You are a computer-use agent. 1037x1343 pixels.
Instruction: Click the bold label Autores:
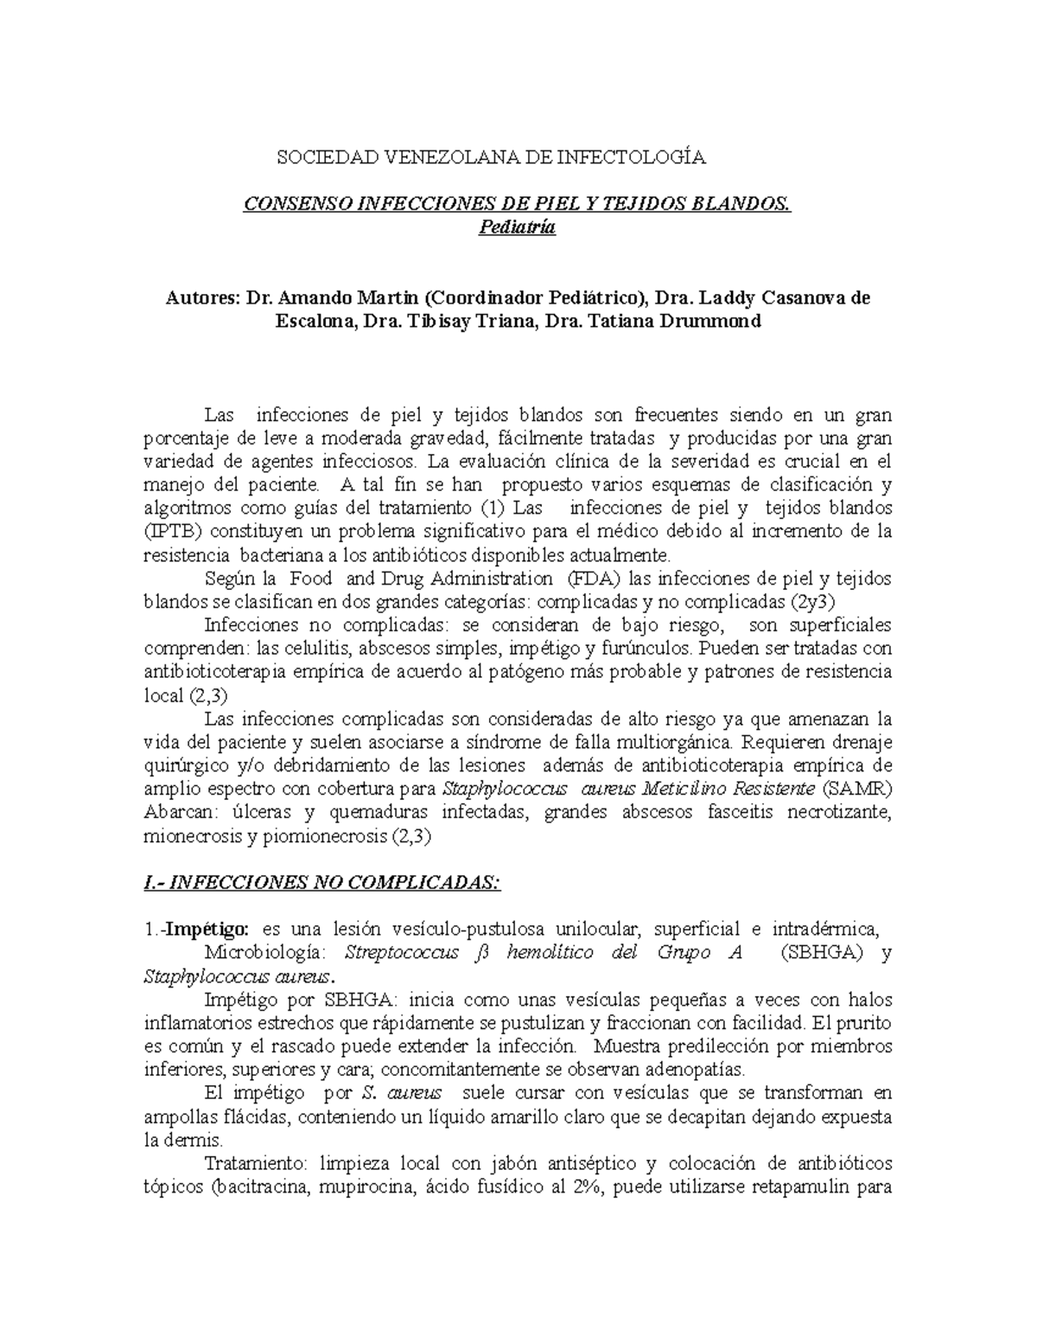[202, 298]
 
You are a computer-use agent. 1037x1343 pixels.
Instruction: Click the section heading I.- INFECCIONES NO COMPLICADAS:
[321, 883]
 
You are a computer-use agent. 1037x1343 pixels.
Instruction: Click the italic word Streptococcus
[398, 953]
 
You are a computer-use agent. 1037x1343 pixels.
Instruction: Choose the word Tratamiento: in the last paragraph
[255, 1163]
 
